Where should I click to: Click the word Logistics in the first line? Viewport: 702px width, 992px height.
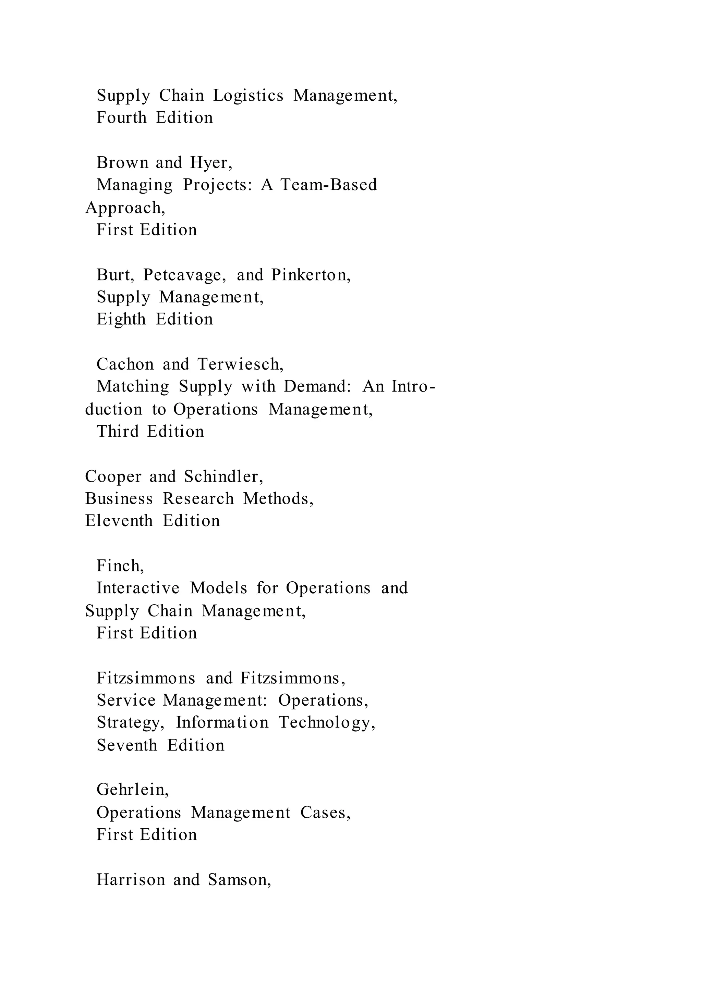coord(248,96)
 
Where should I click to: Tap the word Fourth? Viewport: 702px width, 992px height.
coord(121,117)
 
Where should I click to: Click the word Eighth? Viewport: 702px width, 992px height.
coord(121,319)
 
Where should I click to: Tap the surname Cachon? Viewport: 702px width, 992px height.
coord(125,364)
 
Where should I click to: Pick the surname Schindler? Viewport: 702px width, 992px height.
coord(222,476)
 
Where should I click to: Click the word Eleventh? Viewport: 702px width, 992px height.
coord(119,521)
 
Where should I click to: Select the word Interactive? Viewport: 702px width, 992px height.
coord(138,588)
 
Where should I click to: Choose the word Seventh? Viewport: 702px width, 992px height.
coord(126,745)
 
